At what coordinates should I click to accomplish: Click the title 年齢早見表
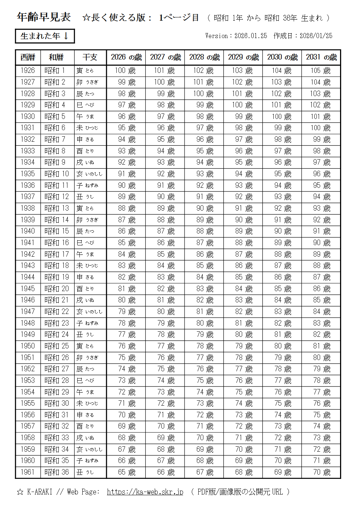(x=44, y=17)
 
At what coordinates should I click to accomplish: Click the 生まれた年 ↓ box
(x=45, y=36)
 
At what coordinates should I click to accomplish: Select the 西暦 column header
(x=28, y=57)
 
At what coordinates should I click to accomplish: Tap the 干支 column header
(x=90, y=57)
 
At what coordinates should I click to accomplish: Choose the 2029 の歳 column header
(x=243, y=57)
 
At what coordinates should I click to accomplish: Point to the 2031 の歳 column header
(x=321, y=57)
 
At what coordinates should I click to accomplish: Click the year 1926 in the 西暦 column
(x=28, y=70)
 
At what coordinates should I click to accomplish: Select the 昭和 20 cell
(x=57, y=289)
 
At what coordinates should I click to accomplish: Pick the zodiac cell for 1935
(x=90, y=174)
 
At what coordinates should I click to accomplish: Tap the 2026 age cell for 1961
(x=127, y=472)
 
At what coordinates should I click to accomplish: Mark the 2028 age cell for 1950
(x=205, y=346)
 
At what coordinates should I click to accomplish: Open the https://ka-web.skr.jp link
(x=145, y=492)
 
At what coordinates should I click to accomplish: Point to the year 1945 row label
(x=28, y=289)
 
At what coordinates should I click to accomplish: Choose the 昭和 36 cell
(x=57, y=472)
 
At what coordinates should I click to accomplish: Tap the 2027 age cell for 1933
(x=166, y=151)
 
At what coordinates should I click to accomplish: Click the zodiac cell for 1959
(x=90, y=449)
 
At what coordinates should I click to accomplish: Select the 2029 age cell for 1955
(x=244, y=403)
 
